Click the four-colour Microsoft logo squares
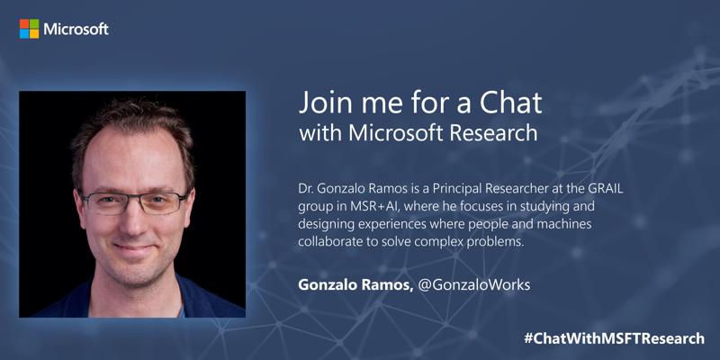(29, 29)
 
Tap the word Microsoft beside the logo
(76, 30)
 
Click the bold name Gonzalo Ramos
(355, 285)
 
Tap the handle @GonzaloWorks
(474, 285)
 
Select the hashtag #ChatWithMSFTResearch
(614, 338)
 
